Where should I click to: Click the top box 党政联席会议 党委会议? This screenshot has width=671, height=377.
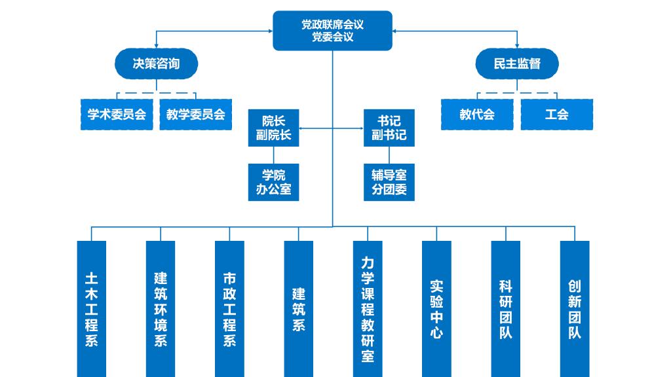[332, 31]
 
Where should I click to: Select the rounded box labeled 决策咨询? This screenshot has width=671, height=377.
[156, 64]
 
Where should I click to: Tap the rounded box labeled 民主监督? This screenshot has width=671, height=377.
[517, 64]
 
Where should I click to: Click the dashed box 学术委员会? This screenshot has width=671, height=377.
[117, 115]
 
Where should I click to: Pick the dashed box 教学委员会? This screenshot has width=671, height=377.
[195, 115]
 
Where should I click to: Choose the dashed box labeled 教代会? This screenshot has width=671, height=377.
[477, 115]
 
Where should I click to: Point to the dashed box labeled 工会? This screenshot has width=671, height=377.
[556, 115]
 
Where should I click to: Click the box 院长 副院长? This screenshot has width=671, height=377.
[273, 128]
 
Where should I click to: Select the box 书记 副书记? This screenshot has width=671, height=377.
[389, 128]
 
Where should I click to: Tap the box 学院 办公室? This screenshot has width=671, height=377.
[273, 182]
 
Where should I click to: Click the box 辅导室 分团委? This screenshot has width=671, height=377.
[389, 182]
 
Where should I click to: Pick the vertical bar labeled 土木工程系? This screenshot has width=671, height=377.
[92, 308]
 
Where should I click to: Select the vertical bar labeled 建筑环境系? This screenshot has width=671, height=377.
[161, 308]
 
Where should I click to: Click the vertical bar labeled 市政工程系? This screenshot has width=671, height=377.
[229, 308]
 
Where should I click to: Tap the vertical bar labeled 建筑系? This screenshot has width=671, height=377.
[299, 308]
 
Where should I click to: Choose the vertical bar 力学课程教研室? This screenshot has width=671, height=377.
[368, 308]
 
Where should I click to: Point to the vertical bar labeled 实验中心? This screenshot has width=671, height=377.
[436, 308]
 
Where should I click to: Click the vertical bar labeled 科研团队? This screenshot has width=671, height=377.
[506, 308]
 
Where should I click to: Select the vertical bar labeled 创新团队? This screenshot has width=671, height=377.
[575, 308]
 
